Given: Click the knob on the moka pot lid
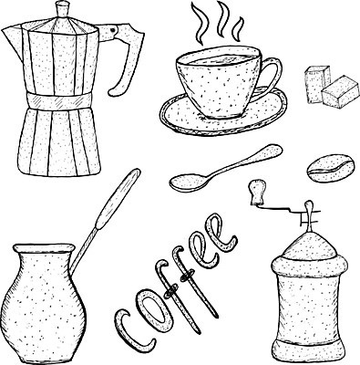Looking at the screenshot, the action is click(64, 8).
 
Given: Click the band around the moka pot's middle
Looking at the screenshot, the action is click(58, 100).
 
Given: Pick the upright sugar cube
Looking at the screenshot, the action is click(316, 83).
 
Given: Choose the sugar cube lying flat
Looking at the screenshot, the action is click(339, 92).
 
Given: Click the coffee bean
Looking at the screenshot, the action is click(331, 169).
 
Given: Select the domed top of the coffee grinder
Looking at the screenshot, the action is click(309, 245).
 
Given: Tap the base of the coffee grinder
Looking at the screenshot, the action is click(308, 349).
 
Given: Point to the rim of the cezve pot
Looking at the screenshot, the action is click(44, 248).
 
